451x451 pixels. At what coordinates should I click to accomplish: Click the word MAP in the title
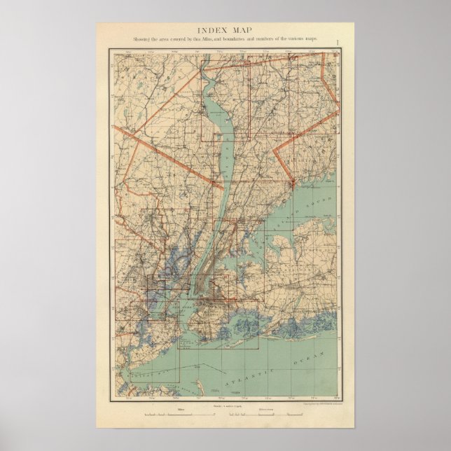pos(242,30)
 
